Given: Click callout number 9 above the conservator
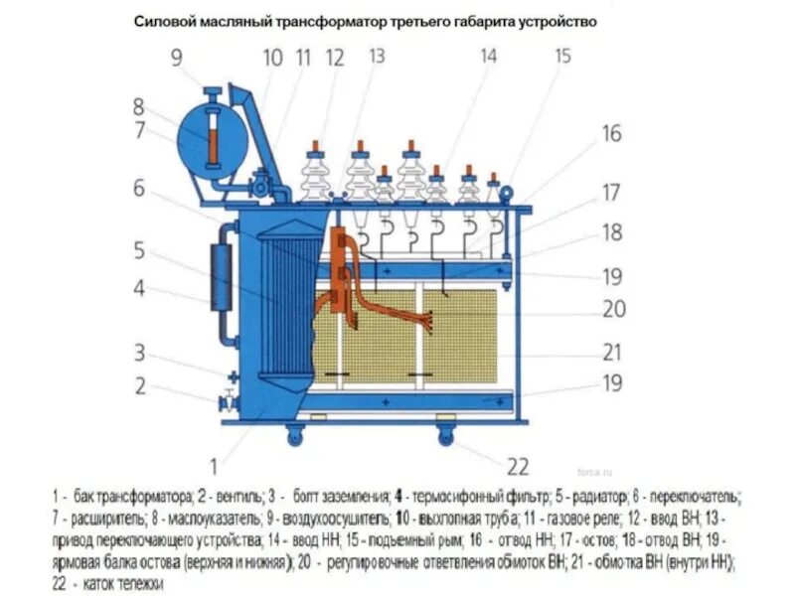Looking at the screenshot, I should point(176,58).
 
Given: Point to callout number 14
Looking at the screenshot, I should point(488,57).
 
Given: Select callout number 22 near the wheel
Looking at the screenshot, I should point(519,467).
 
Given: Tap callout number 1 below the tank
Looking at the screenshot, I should point(214,462).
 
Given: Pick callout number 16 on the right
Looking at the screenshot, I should point(610,133).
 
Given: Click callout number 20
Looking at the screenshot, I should point(614,309).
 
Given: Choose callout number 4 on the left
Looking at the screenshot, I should point(140,289).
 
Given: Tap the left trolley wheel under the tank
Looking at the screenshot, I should point(297,434).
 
